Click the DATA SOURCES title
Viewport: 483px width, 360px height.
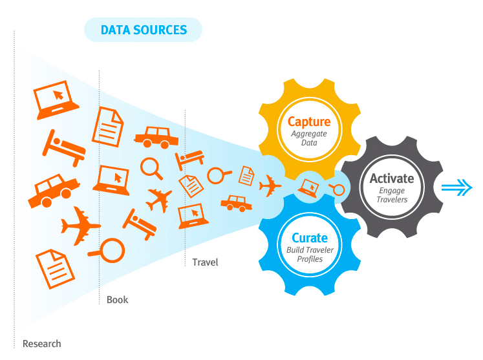tap(144, 30)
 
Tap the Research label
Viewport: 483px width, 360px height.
tap(41, 343)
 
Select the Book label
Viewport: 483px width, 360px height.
tap(117, 299)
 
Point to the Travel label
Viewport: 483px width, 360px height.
tap(205, 262)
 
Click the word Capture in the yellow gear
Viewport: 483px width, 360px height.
tap(308, 121)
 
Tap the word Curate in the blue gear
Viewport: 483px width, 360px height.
tap(309, 238)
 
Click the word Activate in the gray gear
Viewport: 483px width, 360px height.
tap(391, 178)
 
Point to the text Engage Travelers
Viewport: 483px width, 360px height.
tap(391, 195)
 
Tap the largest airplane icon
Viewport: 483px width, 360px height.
tap(80, 226)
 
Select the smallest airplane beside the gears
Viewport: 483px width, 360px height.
tap(270, 187)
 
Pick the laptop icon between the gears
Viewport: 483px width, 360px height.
tap(308, 187)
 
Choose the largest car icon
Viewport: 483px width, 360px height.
tap(54, 191)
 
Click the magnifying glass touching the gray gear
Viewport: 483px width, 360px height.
tap(336, 189)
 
